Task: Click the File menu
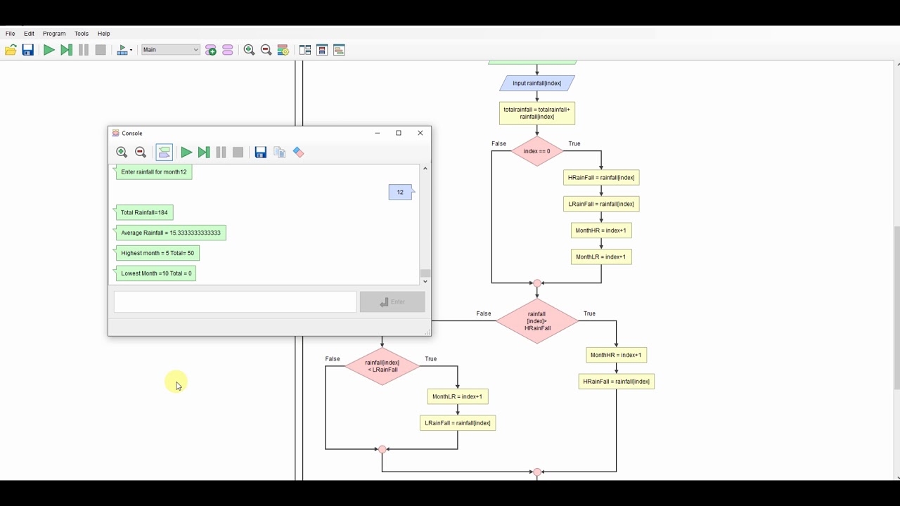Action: [11, 34]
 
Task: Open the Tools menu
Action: [82, 34]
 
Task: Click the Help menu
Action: [103, 34]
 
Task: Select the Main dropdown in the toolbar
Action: [171, 50]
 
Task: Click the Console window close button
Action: [420, 133]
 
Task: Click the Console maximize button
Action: [399, 133]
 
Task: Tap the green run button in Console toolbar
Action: [186, 153]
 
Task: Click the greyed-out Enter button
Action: [392, 302]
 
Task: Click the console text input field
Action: [235, 302]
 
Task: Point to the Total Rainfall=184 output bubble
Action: [144, 212]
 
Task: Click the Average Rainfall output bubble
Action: [170, 233]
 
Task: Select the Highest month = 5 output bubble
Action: [157, 253]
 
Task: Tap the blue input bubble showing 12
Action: [400, 192]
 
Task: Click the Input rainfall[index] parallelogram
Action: [536, 83]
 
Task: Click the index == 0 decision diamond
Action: [536, 151]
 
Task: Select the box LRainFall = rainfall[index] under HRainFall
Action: [601, 204]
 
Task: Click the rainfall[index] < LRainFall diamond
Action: [382, 366]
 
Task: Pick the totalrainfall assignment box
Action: [536, 113]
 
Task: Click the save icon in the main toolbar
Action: [28, 50]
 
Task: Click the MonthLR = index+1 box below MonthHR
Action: [601, 257]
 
